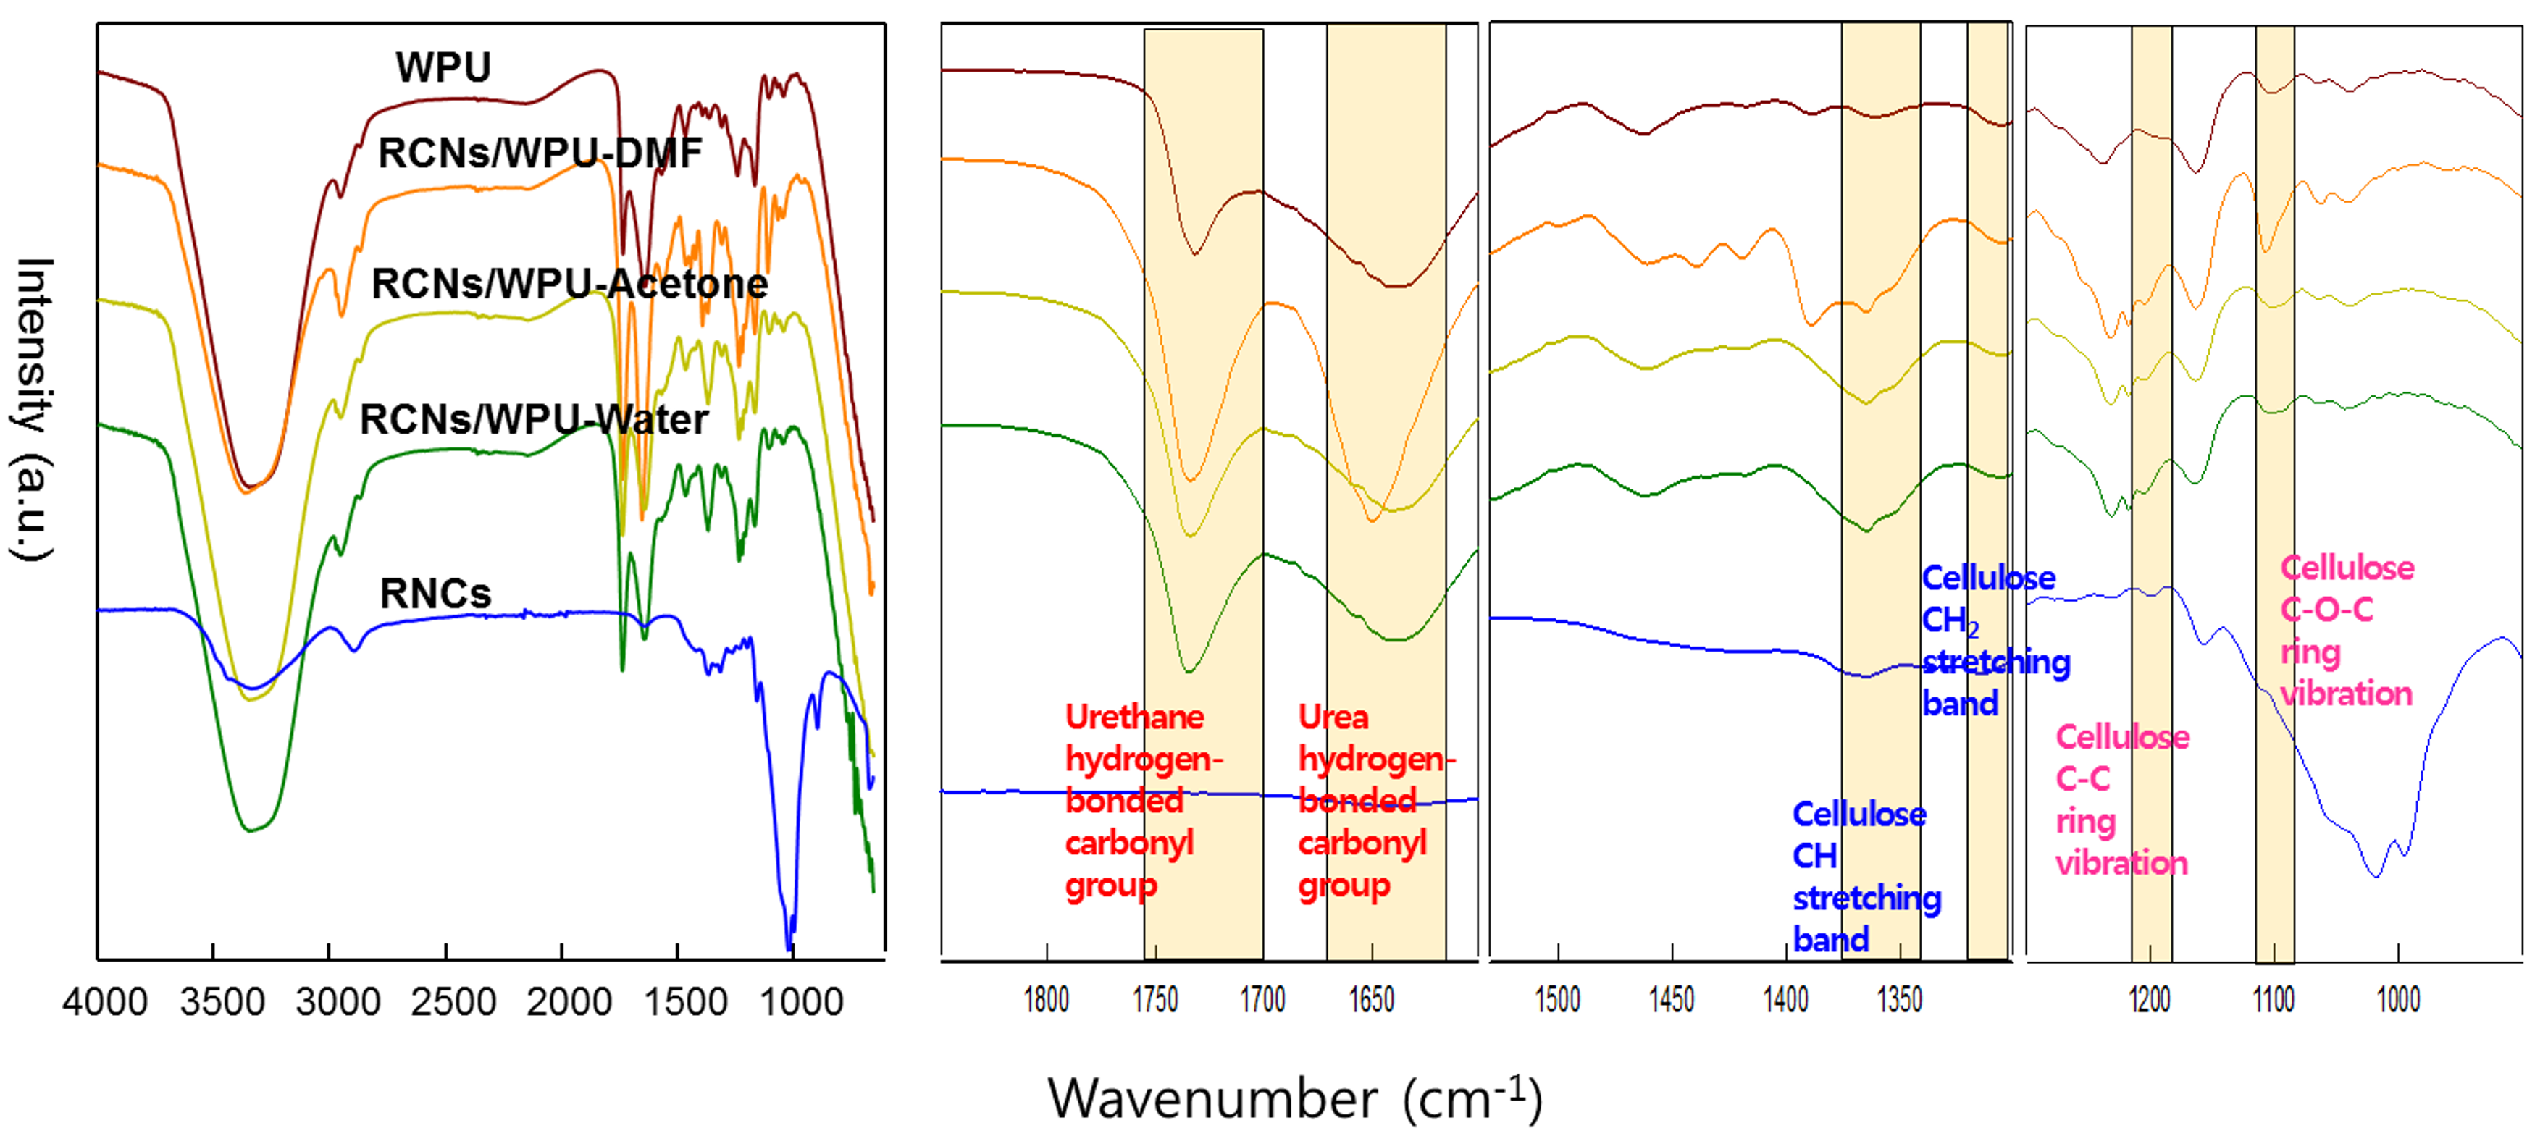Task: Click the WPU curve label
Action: [443, 67]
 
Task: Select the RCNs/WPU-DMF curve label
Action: [540, 153]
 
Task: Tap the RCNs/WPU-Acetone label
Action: [569, 284]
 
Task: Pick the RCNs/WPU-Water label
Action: [534, 420]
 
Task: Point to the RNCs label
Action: [435, 594]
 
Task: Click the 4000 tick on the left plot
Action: [104, 1001]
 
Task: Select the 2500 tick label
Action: [453, 1001]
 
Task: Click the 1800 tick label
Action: [1046, 1000]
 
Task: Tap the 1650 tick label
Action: [1370, 1000]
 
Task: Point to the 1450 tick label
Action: [1671, 1000]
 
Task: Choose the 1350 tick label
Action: [1899, 1000]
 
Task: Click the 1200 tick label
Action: [2150, 1000]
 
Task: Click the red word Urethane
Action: [1134, 717]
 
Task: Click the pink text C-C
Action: [2082, 779]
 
